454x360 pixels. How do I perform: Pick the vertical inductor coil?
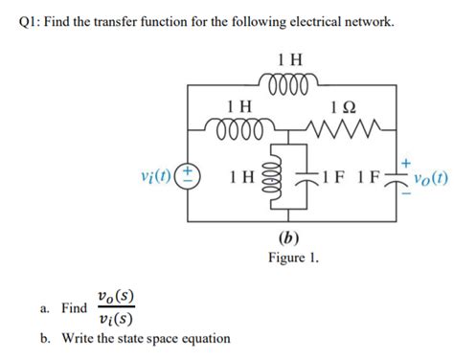[x=276, y=178]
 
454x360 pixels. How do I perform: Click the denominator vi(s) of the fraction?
[x=116, y=320]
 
